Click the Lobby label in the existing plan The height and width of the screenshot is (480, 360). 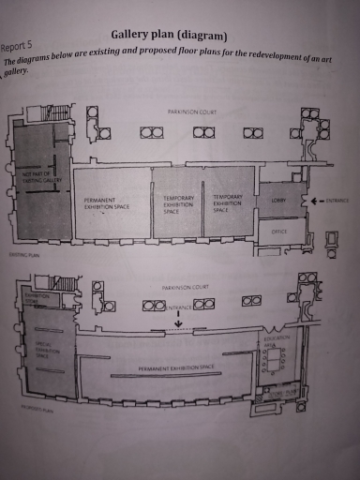pyautogui.click(x=278, y=201)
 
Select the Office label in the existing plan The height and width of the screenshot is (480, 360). pyautogui.click(x=278, y=233)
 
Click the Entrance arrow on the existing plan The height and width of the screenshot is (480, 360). pyautogui.click(x=316, y=200)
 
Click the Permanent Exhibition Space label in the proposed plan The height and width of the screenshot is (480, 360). pyautogui.click(x=177, y=369)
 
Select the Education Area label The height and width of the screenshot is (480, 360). pyautogui.click(x=278, y=343)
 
